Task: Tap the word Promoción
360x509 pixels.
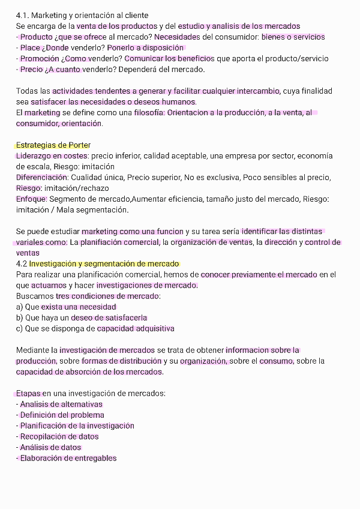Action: tap(40, 58)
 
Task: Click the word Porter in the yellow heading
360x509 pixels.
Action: tap(80, 145)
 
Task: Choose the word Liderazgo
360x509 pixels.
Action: tap(35, 155)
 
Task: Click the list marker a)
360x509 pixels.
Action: tap(20, 307)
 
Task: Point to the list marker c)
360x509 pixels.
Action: tap(20, 328)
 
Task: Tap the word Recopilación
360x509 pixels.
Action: tap(46, 436)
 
